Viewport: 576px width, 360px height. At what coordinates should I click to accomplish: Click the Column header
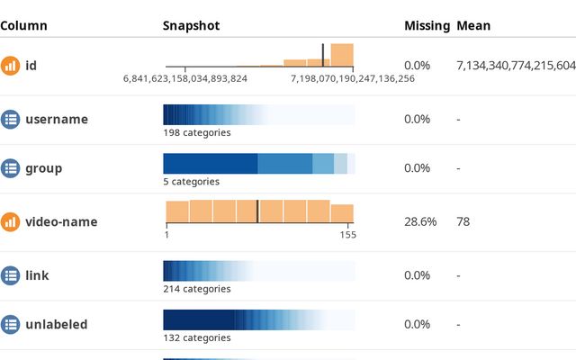pyautogui.click(x=23, y=26)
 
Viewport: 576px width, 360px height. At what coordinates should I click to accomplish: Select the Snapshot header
pyautogui.click(x=191, y=26)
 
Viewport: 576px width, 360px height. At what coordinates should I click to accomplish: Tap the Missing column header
pyautogui.click(x=427, y=26)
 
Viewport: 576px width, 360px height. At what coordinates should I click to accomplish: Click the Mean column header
pyautogui.click(x=473, y=26)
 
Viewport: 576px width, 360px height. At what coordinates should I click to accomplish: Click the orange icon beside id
pyautogui.click(x=10, y=66)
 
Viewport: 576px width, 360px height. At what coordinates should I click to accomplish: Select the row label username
pyautogui.click(x=57, y=119)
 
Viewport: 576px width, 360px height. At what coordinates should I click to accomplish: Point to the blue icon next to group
pyautogui.click(x=10, y=167)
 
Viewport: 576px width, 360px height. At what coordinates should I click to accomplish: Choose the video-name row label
pyautogui.click(x=61, y=221)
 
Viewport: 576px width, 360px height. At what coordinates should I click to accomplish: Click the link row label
pyautogui.click(x=38, y=274)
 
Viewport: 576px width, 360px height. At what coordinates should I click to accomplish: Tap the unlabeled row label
pyautogui.click(x=57, y=324)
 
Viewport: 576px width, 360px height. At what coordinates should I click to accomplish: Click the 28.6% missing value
pyautogui.click(x=418, y=221)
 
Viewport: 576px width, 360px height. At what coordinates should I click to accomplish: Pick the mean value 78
pyautogui.click(x=463, y=221)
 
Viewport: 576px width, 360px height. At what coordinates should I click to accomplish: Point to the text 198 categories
pyautogui.click(x=196, y=133)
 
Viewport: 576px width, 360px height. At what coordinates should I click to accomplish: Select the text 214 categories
pyautogui.click(x=196, y=289)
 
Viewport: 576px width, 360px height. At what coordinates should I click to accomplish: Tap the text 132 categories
pyautogui.click(x=196, y=338)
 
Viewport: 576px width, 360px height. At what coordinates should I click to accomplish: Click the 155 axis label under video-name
pyautogui.click(x=347, y=236)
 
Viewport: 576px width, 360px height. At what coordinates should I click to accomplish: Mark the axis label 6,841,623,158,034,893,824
pyautogui.click(x=185, y=79)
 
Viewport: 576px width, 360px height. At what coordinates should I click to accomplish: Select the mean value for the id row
pyautogui.click(x=516, y=66)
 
